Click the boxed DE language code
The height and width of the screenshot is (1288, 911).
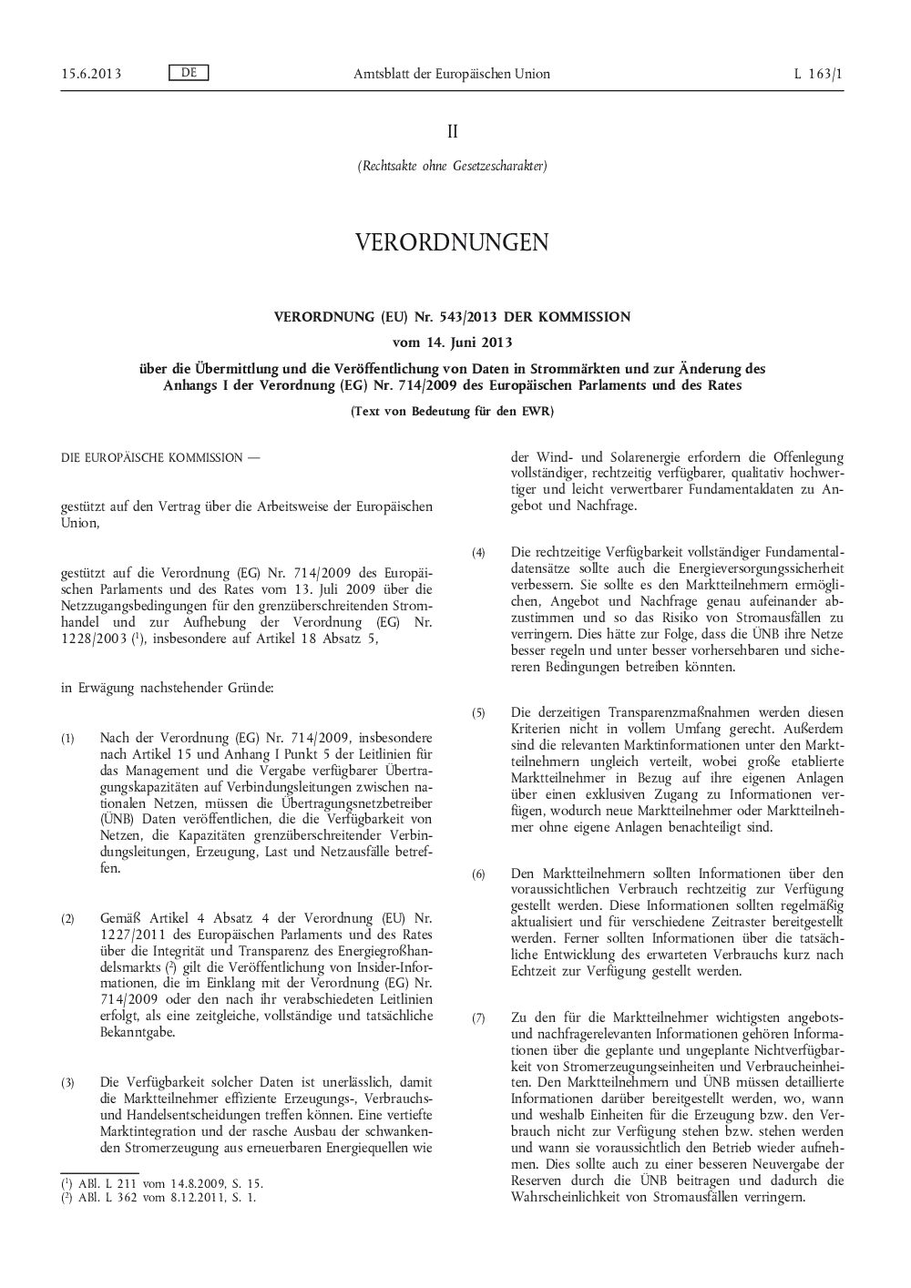(x=189, y=73)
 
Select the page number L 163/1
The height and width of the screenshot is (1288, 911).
(x=818, y=74)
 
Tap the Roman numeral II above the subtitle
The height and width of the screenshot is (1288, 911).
(x=452, y=132)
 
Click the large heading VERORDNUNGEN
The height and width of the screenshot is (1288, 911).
(x=452, y=242)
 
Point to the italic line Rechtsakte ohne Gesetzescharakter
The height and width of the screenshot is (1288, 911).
(x=452, y=167)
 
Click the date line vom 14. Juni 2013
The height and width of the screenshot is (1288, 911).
(x=452, y=342)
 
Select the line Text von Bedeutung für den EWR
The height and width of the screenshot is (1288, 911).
(x=452, y=411)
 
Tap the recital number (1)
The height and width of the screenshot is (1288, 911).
(x=68, y=738)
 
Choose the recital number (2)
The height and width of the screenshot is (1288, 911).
(x=68, y=918)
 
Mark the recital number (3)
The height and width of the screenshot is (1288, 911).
(x=68, y=1082)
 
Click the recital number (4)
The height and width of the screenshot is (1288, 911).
(x=478, y=552)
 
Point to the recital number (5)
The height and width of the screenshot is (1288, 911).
(x=478, y=712)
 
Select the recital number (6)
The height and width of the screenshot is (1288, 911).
(x=478, y=874)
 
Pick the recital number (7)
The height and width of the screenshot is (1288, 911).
(x=478, y=1017)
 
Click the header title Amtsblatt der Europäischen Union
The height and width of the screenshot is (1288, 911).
(x=452, y=74)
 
